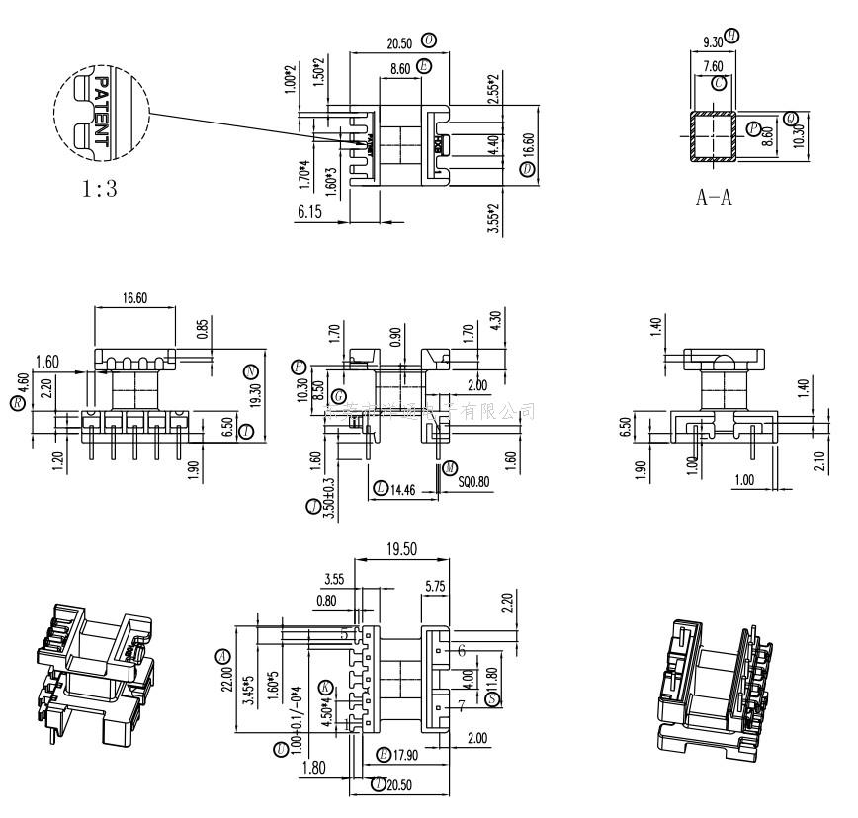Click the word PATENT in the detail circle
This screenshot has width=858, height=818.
pyautogui.click(x=100, y=112)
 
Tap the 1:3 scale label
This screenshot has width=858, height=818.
pyautogui.click(x=99, y=188)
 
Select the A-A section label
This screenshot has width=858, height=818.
pyautogui.click(x=714, y=198)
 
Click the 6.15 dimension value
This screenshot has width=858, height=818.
pyautogui.click(x=310, y=210)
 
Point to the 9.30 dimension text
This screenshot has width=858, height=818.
pyautogui.click(x=712, y=41)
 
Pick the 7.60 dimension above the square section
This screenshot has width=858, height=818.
pyautogui.click(x=714, y=67)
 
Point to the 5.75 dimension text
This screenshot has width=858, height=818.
pyautogui.click(x=435, y=586)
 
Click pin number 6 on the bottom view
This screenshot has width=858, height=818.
pyautogui.click(x=461, y=651)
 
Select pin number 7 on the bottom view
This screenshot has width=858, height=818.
pyautogui.click(x=461, y=707)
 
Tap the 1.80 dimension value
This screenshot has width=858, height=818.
pyautogui.click(x=313, y=768)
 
